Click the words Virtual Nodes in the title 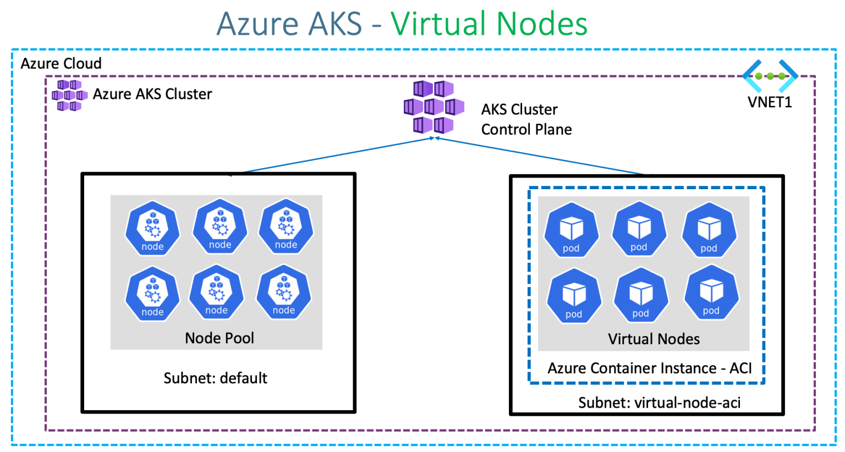pos(489,24)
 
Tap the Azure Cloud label pos(61,63)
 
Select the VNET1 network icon pos(770,76)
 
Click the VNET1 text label pos(770,102)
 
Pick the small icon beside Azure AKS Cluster pos(69,95)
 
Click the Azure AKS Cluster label pos(152,94)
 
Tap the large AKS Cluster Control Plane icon pos(434,107)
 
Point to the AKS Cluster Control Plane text pos(526,119)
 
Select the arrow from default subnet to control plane pos(336,156)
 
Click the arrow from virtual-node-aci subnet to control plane pos(542,156)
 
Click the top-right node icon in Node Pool pos(286,227)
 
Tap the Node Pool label pos(219,338)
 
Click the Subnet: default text pos(215,378)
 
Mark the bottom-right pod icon pos(711,293)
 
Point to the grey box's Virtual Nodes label pos(654,339)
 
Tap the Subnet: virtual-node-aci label pos(659,403)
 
